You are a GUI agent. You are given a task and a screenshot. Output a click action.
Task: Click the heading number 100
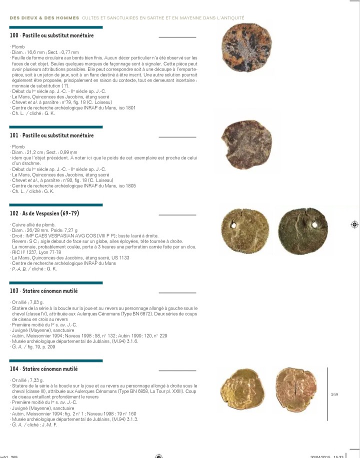click(14, 35)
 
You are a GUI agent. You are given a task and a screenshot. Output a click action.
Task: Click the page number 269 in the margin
click(335, 394)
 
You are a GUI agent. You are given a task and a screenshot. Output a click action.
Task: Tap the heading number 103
click(14, 290)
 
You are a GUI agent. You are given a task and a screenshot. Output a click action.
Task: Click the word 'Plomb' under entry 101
click(18, 146)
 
